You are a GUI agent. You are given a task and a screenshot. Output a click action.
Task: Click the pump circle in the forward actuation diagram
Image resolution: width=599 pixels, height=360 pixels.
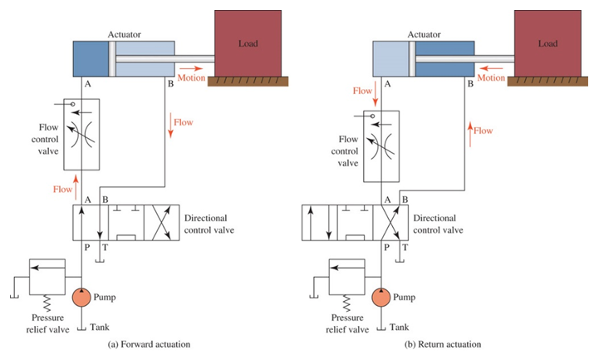tap(81, 297)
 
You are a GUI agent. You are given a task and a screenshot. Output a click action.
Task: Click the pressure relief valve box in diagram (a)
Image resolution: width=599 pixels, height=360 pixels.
tap(52, 274)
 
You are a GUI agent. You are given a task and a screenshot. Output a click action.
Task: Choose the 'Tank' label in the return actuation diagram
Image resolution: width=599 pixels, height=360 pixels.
tap(401, 327)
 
